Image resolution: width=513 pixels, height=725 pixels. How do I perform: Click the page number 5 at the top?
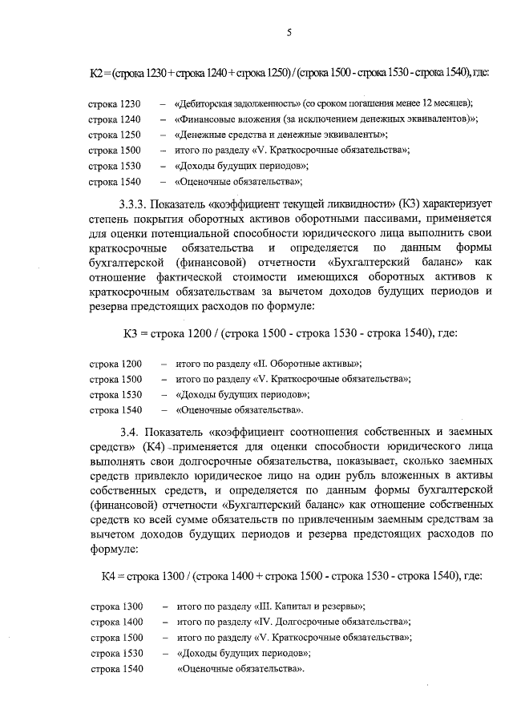point(288,31)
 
